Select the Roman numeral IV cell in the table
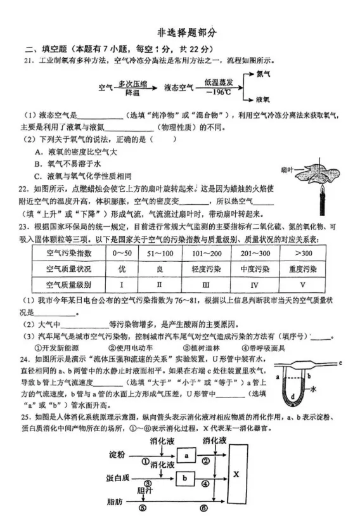click(x=255, y=284)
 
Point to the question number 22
click(x=25, y=188)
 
